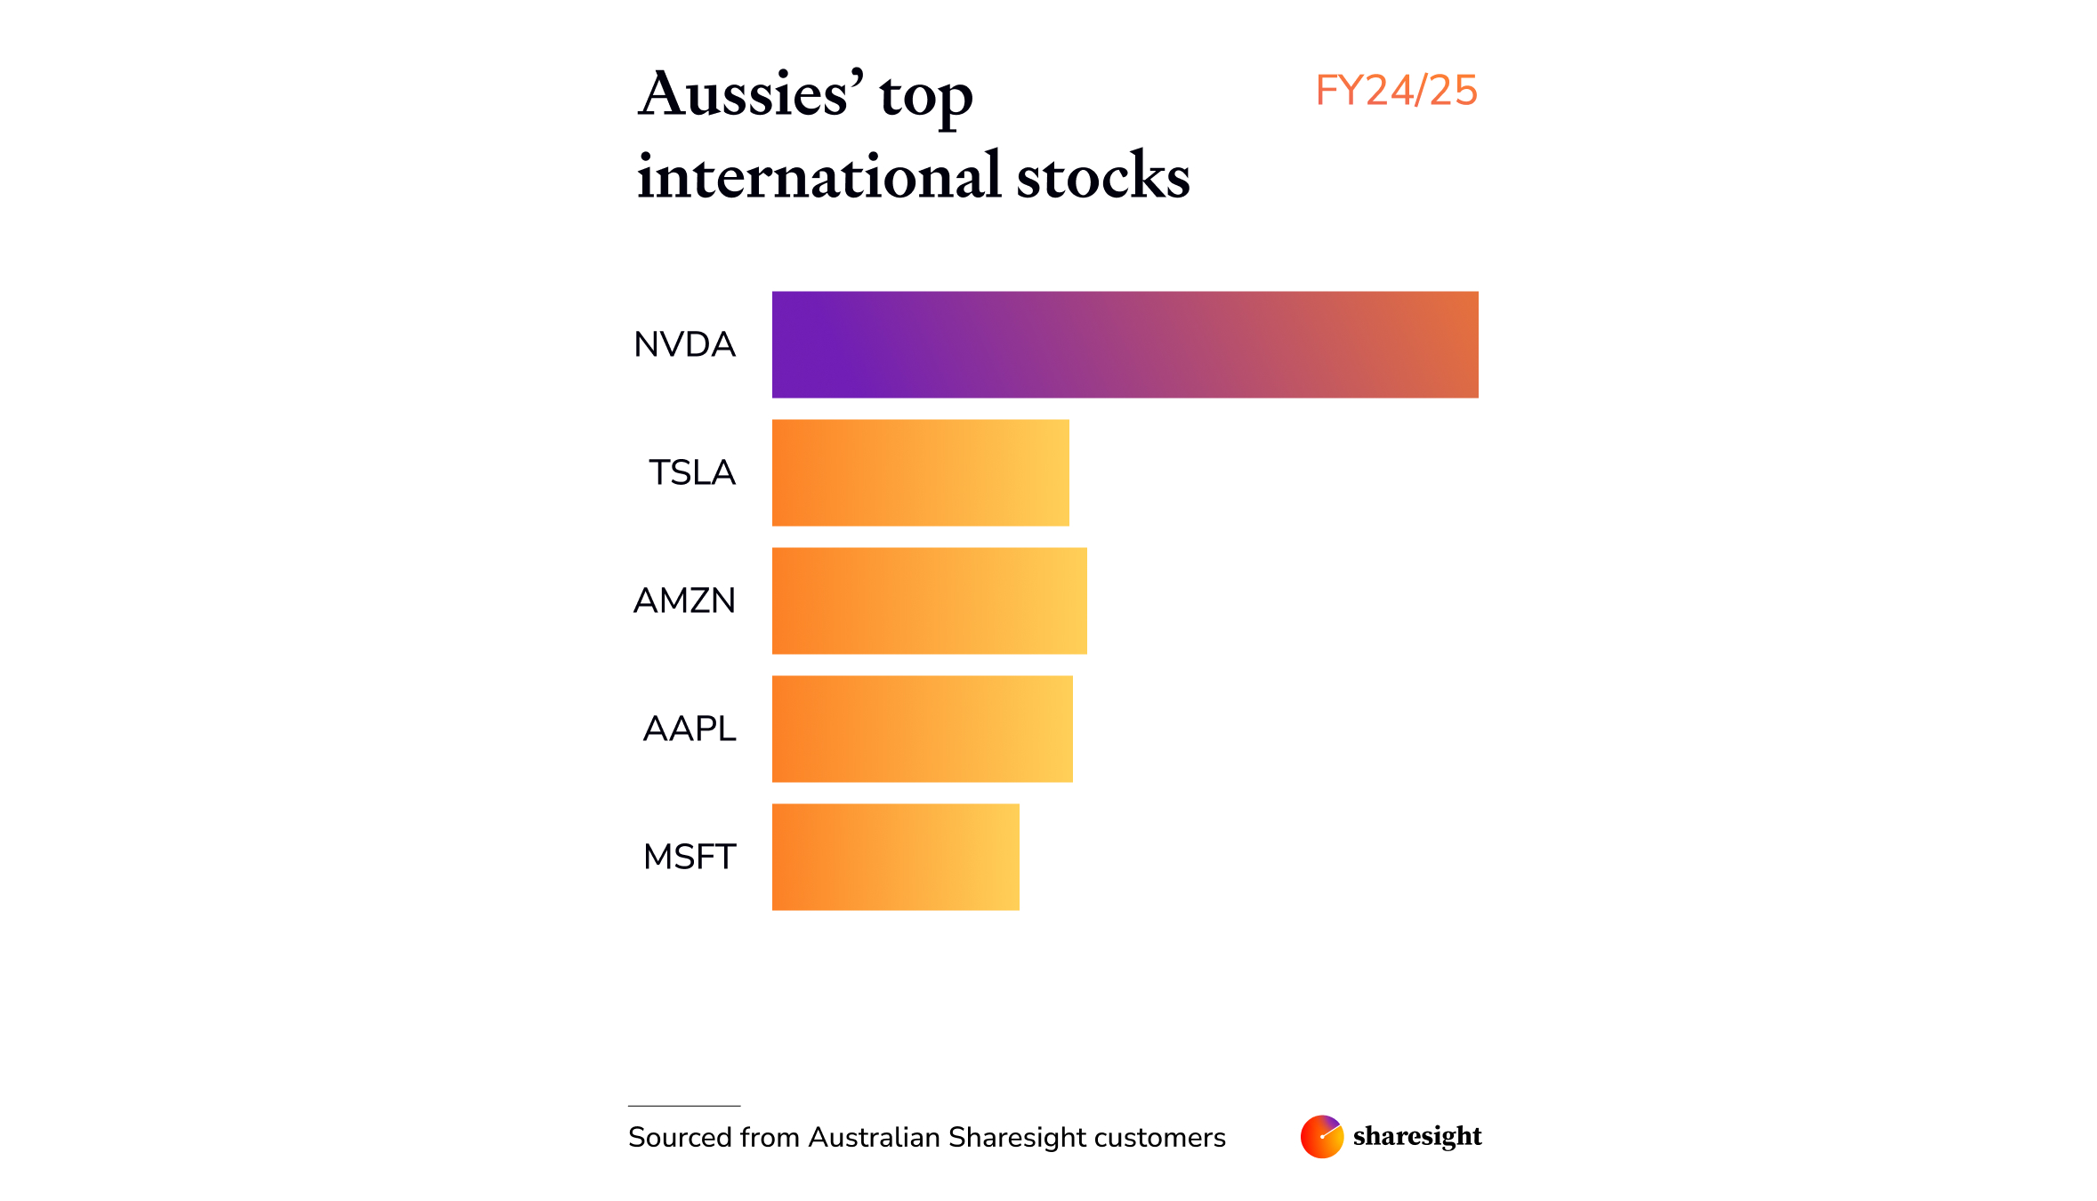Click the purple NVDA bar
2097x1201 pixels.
point(1125,344)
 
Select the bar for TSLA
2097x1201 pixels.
point(920,472)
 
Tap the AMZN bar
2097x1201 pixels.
point(929,600)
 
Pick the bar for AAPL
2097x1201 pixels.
point(922,729)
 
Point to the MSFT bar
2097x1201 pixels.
point(895,857)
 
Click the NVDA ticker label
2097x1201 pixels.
point(684,344)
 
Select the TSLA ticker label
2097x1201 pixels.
point(692,472)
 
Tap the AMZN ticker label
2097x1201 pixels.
point(684,600)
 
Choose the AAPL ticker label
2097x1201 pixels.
point(690,729)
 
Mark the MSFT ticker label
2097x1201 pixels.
point(690,857)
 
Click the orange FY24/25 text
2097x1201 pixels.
point(1396,91)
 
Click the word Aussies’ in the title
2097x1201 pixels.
point(751,94)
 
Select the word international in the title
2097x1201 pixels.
point(819,175)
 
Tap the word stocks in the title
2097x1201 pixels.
point(1103,175)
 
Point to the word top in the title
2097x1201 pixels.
point(926,98)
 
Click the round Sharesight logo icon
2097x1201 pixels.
point(1321,1136)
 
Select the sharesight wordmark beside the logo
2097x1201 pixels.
point(1417,1136)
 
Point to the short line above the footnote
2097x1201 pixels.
point(684,1106)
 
